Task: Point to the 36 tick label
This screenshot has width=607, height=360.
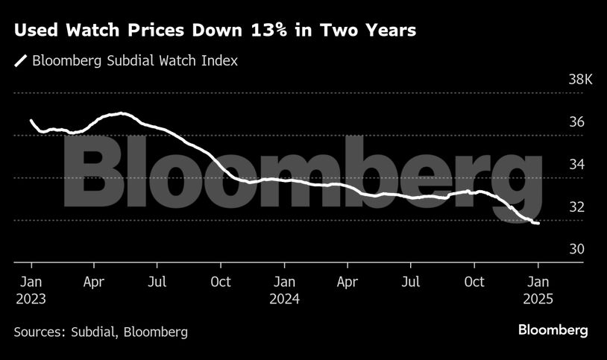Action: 577,122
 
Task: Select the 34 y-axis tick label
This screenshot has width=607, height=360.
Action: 577,165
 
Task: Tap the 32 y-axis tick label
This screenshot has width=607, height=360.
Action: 577,207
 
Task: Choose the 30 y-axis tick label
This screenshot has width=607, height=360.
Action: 577,250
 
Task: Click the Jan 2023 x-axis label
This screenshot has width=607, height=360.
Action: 31,291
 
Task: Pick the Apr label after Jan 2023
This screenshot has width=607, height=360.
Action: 94,282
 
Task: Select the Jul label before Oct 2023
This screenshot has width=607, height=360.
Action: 157,282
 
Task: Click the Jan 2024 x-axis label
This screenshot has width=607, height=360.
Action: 284,291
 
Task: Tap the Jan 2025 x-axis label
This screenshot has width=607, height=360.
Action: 538,291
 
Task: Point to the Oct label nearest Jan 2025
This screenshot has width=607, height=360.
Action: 474,282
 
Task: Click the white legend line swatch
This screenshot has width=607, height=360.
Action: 21,61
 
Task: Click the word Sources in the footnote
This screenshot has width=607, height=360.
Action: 38,332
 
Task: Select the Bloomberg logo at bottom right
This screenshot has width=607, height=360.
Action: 553,330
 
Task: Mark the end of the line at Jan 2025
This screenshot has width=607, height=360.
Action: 538,223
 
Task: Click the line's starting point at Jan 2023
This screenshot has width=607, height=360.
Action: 31,120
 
